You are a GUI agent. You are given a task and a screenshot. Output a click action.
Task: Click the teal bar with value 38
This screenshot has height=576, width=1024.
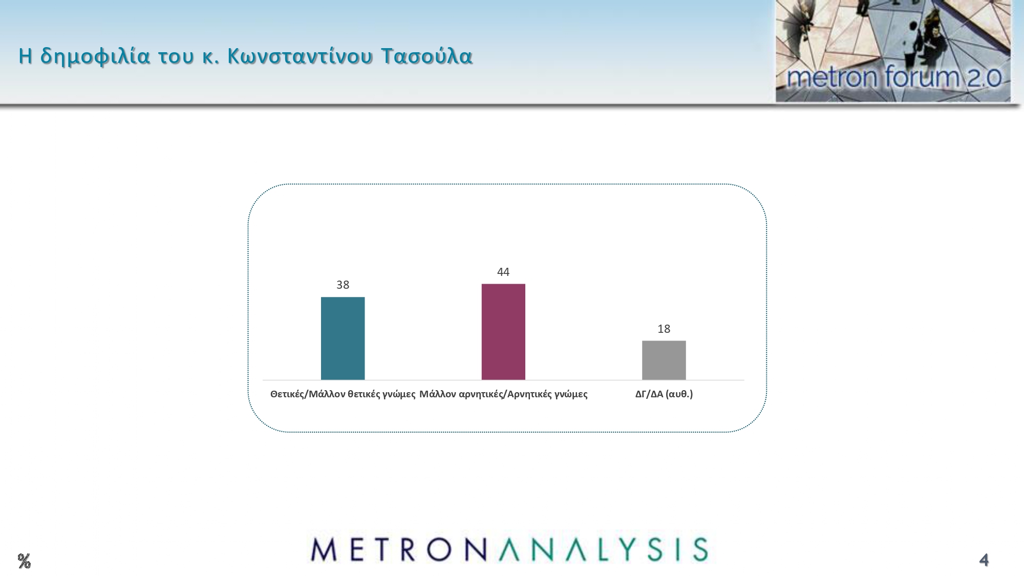click(343, 338)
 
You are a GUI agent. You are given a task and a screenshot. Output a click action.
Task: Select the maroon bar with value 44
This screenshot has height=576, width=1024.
click(503, 332)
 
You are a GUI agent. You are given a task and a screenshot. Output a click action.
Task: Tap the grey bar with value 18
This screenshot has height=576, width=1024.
click(664, 360)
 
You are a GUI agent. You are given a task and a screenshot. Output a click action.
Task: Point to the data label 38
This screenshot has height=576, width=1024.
click(343, 285)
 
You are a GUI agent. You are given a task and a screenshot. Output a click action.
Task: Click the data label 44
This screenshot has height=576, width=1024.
click(503, 272)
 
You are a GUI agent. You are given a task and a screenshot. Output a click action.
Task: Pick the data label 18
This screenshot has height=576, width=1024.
click(664, 329)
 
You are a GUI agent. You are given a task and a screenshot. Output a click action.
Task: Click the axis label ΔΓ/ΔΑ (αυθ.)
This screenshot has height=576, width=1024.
click(664, 394)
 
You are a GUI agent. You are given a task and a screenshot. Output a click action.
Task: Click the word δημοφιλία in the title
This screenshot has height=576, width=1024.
click(95, 56)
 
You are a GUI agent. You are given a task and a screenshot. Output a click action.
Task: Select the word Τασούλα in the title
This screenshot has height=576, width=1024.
click(426, 56)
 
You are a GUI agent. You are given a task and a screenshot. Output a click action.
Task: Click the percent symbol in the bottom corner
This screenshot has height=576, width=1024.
click(24, 561)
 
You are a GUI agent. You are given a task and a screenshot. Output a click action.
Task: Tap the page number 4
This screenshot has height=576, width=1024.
click(984, 560)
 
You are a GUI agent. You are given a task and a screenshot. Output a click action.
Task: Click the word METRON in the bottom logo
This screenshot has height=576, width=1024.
click(398, 550)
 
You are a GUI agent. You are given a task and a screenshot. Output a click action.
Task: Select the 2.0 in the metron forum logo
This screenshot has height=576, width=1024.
click(984, 78)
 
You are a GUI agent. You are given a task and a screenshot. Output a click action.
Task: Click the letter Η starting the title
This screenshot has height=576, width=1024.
click(25, 56)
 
